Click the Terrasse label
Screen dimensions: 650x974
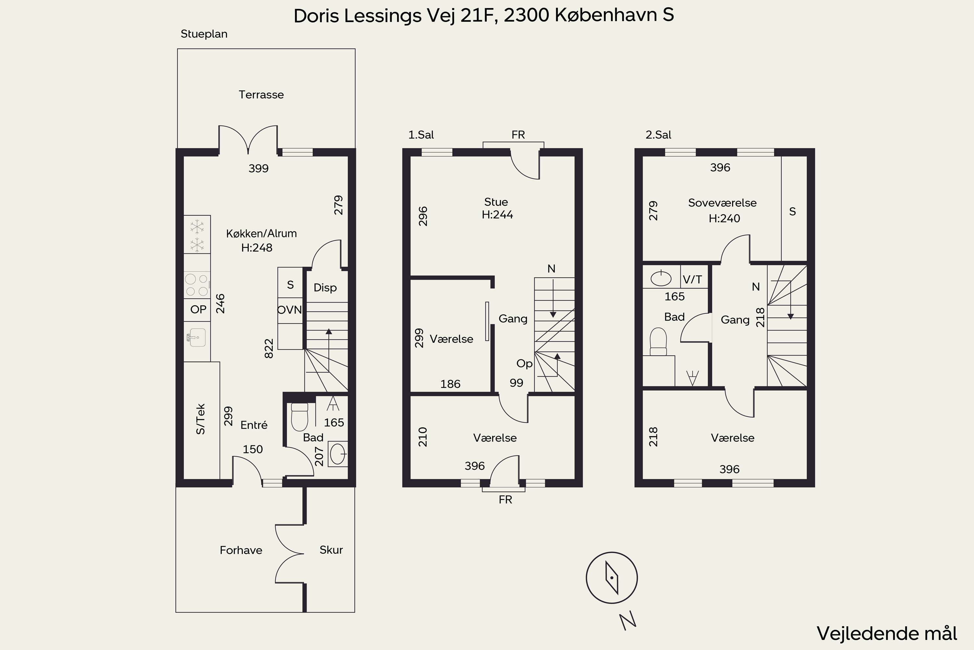click(x=261, y=95)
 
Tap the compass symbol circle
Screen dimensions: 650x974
click(x=612, y=578)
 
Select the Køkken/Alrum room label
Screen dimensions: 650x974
click(x=261, y=233)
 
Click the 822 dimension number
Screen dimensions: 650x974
click(x=269, y=349)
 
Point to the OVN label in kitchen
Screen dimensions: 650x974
click(x=290, y=309)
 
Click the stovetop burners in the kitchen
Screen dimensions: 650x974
click(x=197, y=285)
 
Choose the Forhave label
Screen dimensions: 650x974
click(x=241, y=550)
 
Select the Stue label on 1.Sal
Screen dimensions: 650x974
click(x=496, y=202)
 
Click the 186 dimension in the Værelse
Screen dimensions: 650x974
click(x=450, y=384)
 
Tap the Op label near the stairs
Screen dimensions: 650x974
click(x=524, y=364)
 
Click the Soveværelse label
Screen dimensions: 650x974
click(x=722, y=203)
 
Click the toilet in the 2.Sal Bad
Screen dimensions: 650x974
click(x=658, y=342)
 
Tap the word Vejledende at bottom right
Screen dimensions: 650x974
click(x=862, y=633)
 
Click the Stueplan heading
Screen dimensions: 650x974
click(x=204, y=34)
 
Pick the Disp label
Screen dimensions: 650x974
click(x=325, y=287)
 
